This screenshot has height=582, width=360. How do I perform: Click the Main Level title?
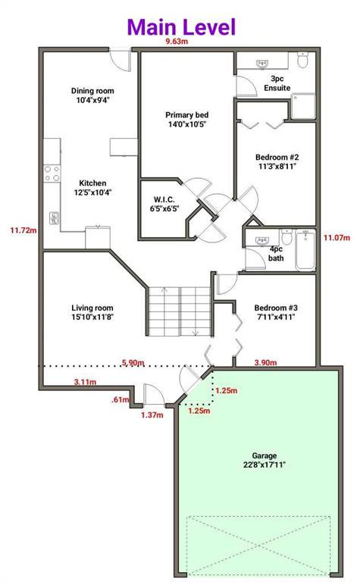click(x=181, y=27)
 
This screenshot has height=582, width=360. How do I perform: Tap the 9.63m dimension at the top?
click(x=177, y=41)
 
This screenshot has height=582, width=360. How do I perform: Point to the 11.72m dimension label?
click(x=23, y=230)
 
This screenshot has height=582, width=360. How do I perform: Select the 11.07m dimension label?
click(x=337, y=237)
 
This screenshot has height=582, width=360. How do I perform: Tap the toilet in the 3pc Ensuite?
click(x=303, y=60)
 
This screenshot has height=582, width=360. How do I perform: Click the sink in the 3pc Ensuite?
click(x=263, y=64)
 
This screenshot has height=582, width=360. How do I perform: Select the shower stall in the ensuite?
click(x=303, y=107)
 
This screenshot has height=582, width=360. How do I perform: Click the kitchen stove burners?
click(x=52, y=174)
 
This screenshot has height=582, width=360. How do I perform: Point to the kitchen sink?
click(x=54, y=218)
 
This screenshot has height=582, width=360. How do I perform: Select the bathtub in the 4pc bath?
click(x=305, y=250)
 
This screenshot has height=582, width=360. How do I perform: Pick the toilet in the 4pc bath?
click(x=287, y=236)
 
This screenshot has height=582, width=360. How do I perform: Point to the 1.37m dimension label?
click(x=152, y=415)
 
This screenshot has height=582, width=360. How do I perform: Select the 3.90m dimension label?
click(x=265, y=362)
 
